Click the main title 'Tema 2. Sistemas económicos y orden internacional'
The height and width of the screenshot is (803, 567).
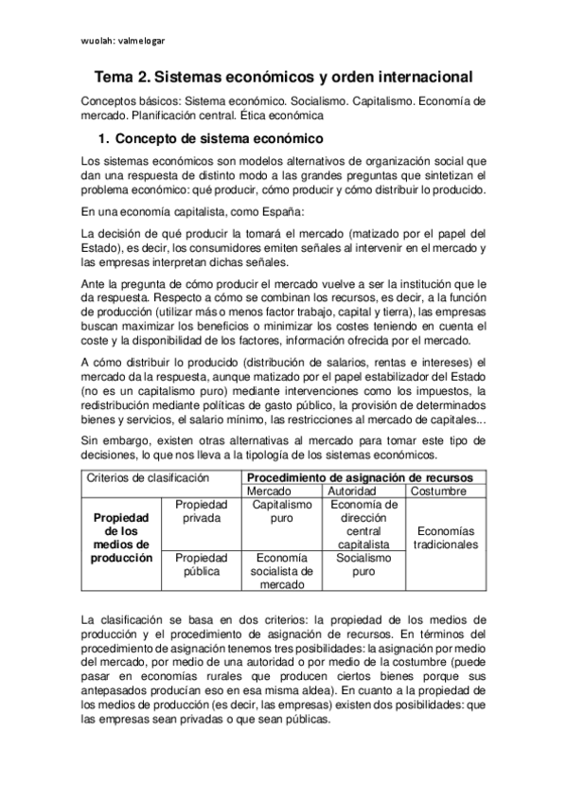[x=283, y=76]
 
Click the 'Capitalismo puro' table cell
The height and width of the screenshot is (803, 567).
[x=283, y=512]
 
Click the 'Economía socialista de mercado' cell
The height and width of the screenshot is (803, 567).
[x=283, y=571]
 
